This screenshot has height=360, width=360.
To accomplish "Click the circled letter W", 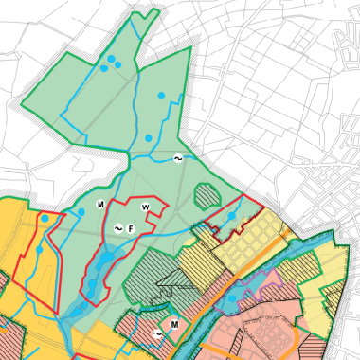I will point(145,207).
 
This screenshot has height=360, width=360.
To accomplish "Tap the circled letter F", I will point(132,228).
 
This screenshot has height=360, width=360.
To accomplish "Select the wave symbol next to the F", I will point(118,229).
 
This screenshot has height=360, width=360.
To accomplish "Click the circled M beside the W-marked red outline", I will point(99,205).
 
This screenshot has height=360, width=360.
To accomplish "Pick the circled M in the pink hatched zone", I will point(175,323).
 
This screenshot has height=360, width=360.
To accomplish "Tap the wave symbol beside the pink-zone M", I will point(158,334).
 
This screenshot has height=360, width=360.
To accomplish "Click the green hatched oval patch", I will point(207,195).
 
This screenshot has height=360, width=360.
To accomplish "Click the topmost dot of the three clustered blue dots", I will point(112,60).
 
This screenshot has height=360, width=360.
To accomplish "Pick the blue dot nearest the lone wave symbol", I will point(149,139).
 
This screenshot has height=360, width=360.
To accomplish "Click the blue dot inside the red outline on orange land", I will point(45,219).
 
